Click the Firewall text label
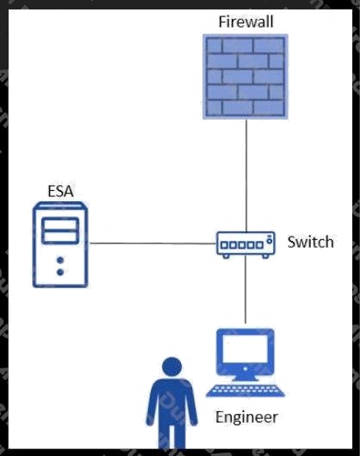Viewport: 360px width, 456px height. click(246, 22)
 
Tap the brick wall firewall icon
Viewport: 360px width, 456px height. click(245, 77)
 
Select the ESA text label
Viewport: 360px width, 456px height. click(60, 191)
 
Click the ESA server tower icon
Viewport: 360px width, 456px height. click(60, 244)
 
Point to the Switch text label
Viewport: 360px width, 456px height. click(311, 242)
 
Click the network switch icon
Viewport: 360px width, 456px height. click(245, 244)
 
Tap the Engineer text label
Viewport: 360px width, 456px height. click(247, 417)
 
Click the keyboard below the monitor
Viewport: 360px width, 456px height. click(245, 391)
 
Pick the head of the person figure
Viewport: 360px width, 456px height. click(171, 367)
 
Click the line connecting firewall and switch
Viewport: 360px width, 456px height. click(246, 176)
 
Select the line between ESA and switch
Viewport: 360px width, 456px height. click(152, 243)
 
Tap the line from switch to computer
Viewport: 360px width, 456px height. click(245, 290)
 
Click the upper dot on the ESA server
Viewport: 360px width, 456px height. click(60, 260)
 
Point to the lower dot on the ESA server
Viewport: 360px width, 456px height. click(60, 272)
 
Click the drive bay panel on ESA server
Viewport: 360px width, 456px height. click(60, 231)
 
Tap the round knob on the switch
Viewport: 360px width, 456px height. click(270, 241)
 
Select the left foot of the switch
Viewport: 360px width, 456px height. click(226, 256)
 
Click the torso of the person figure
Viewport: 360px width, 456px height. click(171, 401)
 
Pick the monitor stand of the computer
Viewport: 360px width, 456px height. click(245, 377)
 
